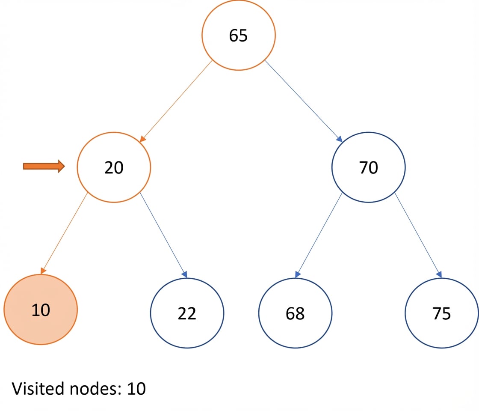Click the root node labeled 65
[x=238, y=35]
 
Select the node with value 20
[x=114, y=167]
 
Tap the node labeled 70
[x=368, y=167]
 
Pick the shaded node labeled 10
[x=41, y=310]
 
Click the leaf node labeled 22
[x=187, y=313]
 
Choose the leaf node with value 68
[x=295, y=313]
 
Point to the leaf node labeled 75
[x=442, y=313]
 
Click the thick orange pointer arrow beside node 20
[x=44, y=166]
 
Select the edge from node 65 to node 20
[x=176, y=101]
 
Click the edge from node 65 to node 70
[x=303, y=101]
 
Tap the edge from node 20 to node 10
[x=64, y=233]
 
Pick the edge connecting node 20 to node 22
[x=163, y=235]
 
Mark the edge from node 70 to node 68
[x=319, y=235]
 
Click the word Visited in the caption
[x=38, y=388]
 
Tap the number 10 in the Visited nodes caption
[x=136, y=389]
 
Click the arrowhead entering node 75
[x=439, y=274]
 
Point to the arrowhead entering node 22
[x=184, y=274]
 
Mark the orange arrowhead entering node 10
[x=43, y=271]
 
